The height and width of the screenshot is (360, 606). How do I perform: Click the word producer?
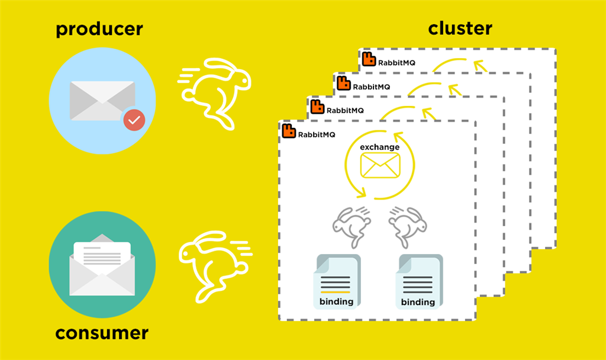click(99, 30)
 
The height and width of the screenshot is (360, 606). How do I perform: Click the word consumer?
click(102, 333)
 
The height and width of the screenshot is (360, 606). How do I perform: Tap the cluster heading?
click(460, 28)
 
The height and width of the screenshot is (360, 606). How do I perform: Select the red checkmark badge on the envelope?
click(134, 120)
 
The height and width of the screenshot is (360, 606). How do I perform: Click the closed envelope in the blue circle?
click(102, 101)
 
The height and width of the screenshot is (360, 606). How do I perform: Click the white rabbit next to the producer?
click(215, 94)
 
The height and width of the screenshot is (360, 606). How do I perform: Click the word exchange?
click(379, 147)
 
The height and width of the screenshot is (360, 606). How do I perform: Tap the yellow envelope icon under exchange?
click(380, 165)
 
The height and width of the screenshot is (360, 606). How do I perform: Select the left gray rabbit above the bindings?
click(352, 227)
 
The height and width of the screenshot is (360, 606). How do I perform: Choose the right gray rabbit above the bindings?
click(408, 227)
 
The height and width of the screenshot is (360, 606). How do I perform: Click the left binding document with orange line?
click(337, 281)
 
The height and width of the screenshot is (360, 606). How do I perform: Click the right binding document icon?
click(419, 281)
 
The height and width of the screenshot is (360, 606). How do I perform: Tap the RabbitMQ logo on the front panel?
click(289, 131)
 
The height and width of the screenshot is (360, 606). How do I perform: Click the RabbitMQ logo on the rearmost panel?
click(369, 59)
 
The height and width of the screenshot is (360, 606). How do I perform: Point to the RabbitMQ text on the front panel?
click(317, 134)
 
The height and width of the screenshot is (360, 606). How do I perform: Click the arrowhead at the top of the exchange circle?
click(398, 137)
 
